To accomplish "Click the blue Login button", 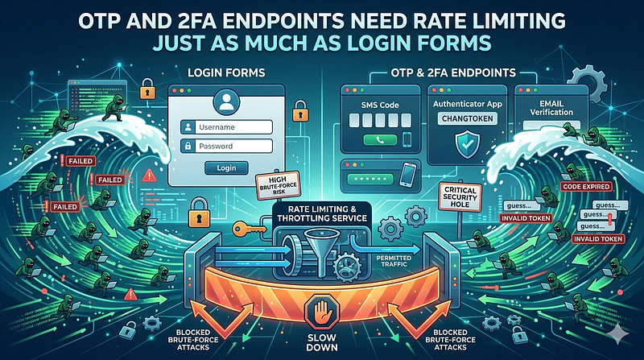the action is (226, 168).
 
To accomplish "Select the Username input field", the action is (226, 127).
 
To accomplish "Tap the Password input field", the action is (226, 146).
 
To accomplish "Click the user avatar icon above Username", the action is (226, 103).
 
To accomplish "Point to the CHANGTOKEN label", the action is (468, 118).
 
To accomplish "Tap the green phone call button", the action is (380, 140).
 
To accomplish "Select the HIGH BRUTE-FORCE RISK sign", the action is (278, 186).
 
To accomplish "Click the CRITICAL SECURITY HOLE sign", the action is (460, 197).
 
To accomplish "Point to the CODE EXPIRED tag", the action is (586, 187).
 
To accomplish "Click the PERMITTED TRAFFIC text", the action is (394, 261).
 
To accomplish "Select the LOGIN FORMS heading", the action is (226, 73).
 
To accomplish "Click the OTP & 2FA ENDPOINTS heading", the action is (453, 73).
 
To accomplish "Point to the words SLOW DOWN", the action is (323, 342).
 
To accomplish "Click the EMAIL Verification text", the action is (551, 108).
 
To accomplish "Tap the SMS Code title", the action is (380, 105).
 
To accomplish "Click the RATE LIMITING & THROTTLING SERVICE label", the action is (321, 213).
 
